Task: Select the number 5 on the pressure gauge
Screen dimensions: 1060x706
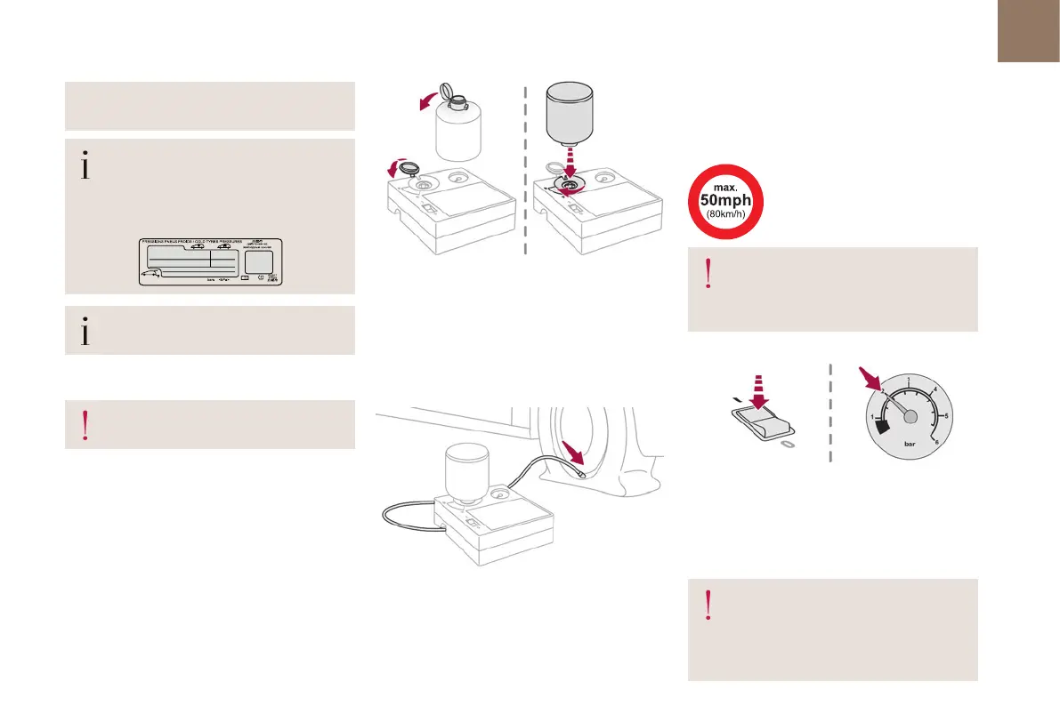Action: pos(945,415)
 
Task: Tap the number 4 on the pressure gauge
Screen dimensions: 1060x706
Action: pos(934,389)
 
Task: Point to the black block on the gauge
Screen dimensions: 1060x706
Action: pos(882,428)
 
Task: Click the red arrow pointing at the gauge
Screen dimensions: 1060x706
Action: pos(867,380)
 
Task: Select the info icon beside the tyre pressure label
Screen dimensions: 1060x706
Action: pos(85,166)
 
